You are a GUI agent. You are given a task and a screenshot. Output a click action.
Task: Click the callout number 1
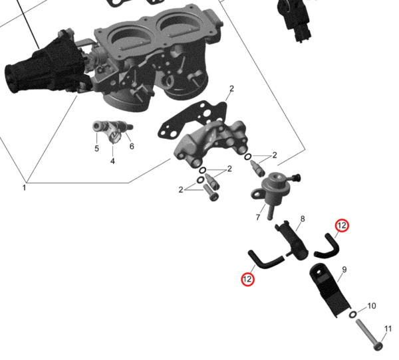[x=24, y=188]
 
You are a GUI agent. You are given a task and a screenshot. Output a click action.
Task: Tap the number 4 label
[x=112, y=161]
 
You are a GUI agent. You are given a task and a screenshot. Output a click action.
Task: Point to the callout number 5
[x=96, y=149]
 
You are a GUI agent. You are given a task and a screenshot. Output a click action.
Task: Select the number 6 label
[x=132, y=146]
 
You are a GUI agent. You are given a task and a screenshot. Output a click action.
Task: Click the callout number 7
[x=258, y=217]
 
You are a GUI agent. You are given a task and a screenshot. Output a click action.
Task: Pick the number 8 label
[x=303, y=219]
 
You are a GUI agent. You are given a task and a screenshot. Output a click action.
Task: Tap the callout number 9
[x=344, y=270]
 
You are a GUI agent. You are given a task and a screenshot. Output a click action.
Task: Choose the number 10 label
[x=372, y=306]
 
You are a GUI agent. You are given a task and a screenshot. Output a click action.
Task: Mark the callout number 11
[x=388, y=329]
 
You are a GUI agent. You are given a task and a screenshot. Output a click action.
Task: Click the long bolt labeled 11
[x=368, y=335]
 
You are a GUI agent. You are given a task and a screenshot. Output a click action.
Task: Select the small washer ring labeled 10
[x=352, y=314]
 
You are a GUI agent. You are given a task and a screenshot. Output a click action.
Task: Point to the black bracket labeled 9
[x=330, y=290]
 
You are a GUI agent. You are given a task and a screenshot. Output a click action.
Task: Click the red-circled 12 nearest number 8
[x=342, y=226]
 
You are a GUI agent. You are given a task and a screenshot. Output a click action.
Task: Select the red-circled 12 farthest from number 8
[x=247, y=279]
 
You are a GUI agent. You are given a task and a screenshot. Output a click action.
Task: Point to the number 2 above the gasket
[x=231, y=89]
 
